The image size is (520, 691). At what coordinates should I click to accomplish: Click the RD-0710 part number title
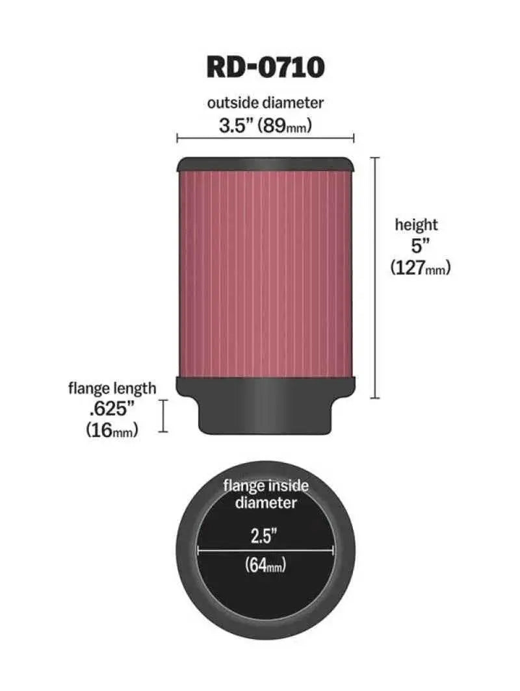[x=265, y=66]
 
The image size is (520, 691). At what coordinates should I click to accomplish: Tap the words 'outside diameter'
[x=265, y=103]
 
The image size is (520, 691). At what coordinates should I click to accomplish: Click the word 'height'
[x=417, y=225]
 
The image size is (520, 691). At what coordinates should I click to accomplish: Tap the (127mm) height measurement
[x=421, y=268]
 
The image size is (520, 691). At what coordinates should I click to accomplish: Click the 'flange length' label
[x=112, y=388]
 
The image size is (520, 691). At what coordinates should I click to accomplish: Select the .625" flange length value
[x=112, y=409]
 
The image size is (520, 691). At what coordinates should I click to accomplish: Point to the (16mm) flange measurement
[x=112, y=430]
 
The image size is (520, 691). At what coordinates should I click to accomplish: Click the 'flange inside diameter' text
[x=266, y=494]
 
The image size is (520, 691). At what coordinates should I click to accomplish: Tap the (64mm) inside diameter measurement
[x=266, y=566]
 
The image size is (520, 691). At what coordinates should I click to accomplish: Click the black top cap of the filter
[x=265, y=164]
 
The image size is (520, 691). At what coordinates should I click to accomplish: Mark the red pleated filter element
[x=265, y=273]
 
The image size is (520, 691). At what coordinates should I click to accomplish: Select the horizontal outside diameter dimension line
[x=265, y=138]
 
